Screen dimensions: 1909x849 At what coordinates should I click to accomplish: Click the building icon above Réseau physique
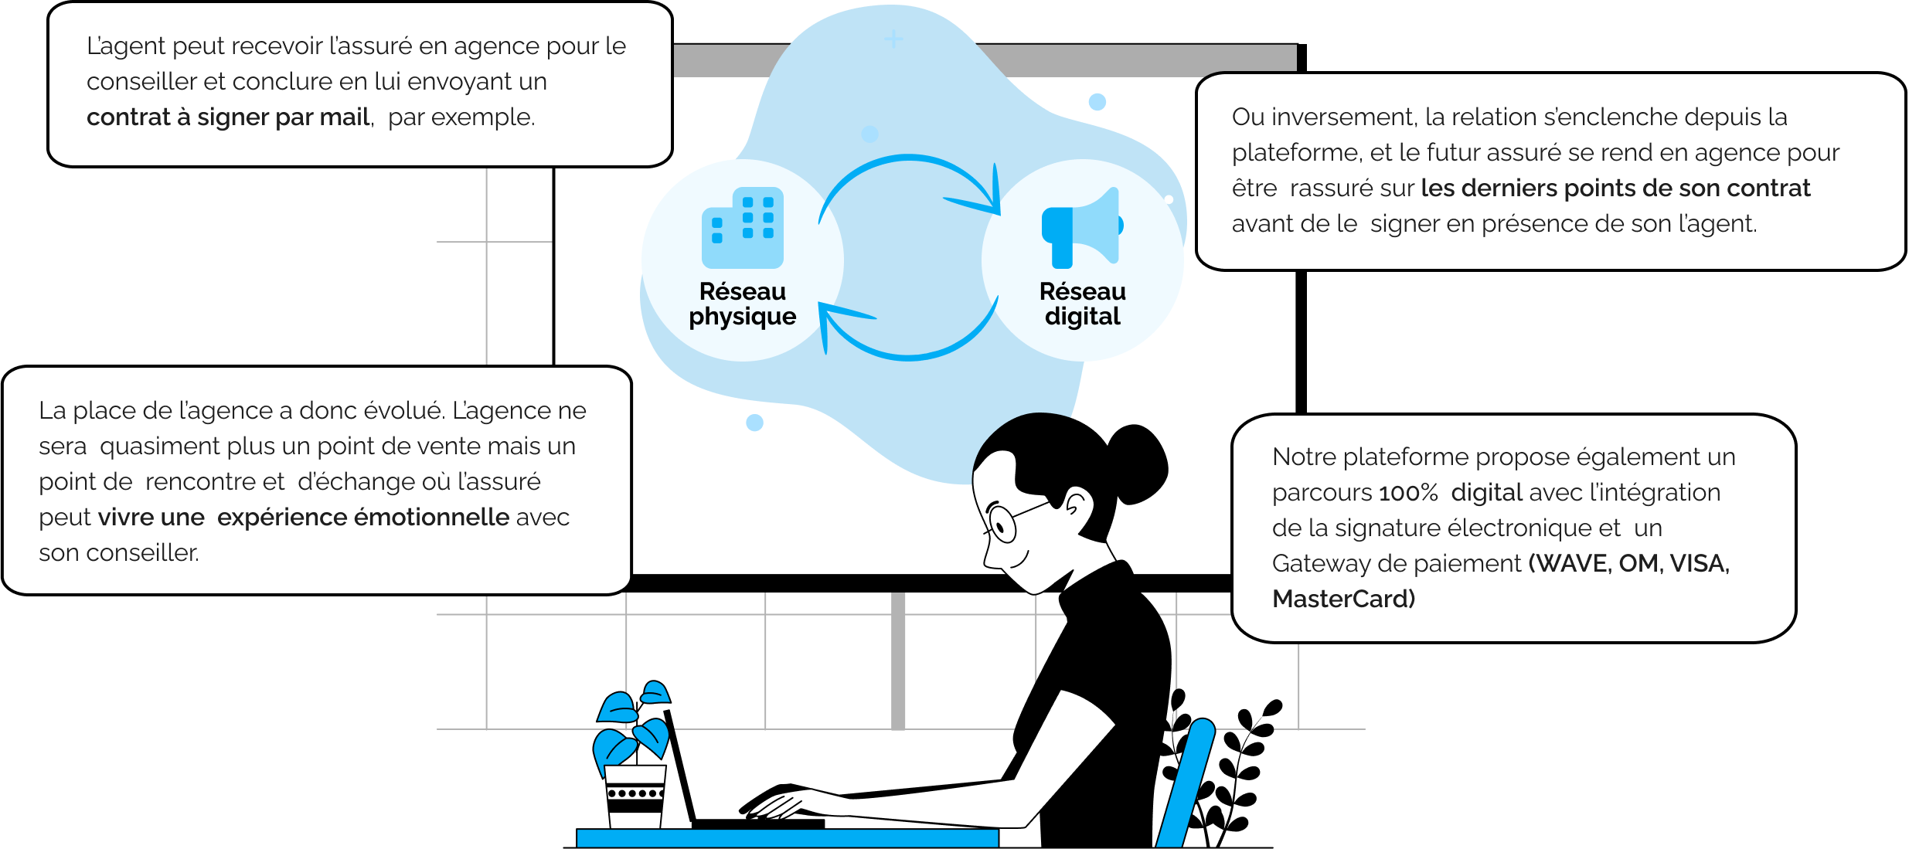click(743, 227)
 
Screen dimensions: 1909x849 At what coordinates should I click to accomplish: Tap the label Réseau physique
click(743, 304)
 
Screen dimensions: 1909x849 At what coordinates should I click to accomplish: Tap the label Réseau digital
click(1082, 304)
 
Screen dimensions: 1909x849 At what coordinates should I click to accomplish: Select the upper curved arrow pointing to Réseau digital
click(910, 158)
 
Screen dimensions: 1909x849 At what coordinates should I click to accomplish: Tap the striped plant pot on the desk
click(635, 796)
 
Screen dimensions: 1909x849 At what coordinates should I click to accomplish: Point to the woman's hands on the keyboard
click(781, 803)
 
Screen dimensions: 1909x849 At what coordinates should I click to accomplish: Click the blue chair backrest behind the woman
click(1185, 782)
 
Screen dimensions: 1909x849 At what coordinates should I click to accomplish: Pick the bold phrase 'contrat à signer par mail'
click(229, 117)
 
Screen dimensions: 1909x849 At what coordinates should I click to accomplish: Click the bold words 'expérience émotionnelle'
click(363, 518)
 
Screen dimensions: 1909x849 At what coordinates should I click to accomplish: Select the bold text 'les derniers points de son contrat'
click(1615, 188)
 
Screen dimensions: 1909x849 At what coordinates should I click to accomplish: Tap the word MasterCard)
click(1343, 599)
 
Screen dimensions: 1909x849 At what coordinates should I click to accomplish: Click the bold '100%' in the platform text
click(1408, 493)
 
